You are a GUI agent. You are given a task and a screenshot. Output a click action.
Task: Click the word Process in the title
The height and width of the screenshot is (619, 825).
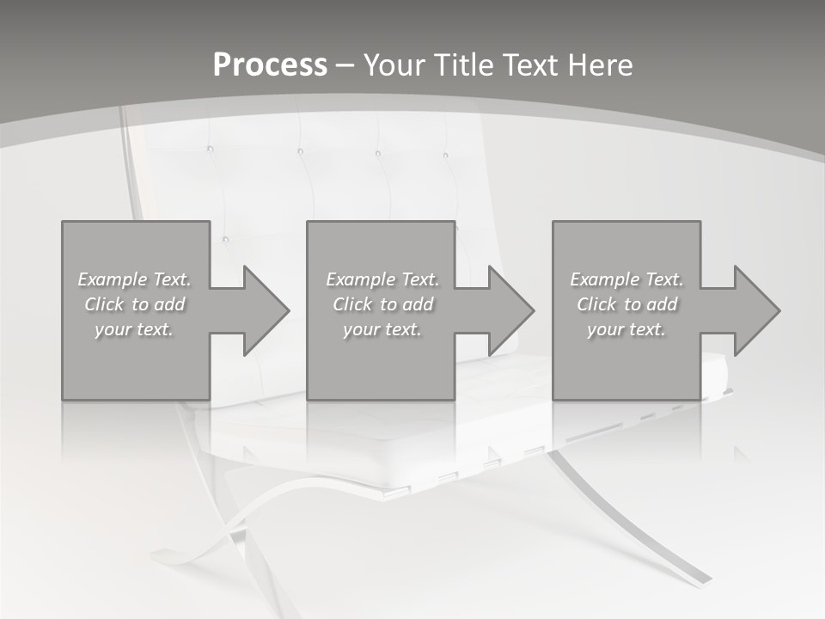point(270,65)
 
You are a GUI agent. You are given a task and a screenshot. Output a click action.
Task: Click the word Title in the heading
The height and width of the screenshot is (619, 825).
point(463,65)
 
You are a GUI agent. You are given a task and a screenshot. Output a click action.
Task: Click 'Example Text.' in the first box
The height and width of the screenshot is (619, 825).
point(135,279)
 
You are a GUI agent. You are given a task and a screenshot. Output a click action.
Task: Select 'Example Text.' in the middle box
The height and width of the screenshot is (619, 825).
point(382,279)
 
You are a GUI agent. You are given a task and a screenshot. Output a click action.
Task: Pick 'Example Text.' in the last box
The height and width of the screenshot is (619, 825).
point(626,279)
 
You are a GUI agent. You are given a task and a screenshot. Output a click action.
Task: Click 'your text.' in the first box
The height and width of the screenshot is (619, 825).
point(134,329)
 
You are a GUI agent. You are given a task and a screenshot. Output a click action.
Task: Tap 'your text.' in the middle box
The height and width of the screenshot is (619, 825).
point(382,329)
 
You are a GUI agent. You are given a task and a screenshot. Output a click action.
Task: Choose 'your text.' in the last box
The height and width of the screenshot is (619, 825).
point(626,329)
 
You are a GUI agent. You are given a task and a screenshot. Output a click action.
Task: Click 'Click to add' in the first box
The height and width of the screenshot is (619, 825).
point(135,304)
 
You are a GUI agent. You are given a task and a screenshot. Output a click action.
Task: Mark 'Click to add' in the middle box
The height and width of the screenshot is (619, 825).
point(383,304)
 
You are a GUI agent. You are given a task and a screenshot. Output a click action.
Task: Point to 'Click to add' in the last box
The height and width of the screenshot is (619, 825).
point(627,304)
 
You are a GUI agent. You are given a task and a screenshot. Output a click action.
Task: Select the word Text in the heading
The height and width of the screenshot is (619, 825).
point(529,65)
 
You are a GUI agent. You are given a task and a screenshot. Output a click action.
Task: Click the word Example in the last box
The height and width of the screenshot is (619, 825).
point(605,279)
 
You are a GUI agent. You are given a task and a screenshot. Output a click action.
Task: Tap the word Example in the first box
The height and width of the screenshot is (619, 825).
point(113,279)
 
